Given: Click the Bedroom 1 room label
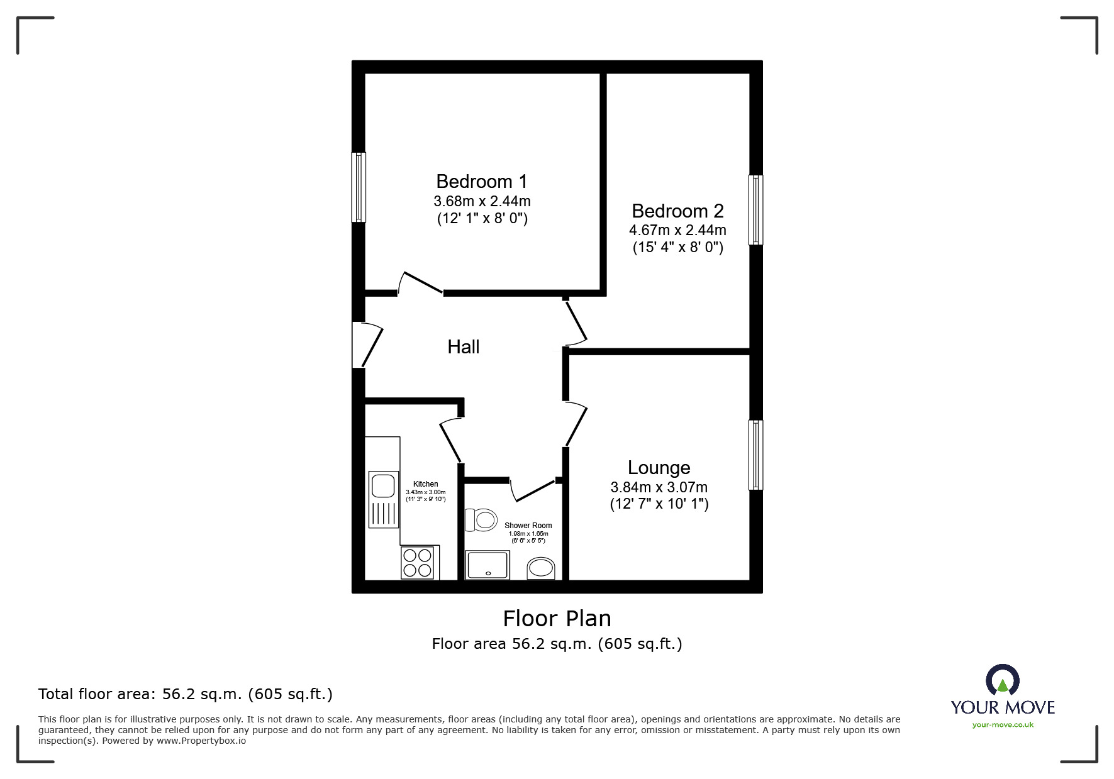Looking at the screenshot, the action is pyautogui.click(x=482, y=182).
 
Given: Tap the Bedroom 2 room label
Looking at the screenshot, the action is pyautogui.click(x=677, y=211).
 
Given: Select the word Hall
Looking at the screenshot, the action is pyautogui.click(x=464, y=346).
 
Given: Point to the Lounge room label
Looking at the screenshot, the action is pyautogui.click(x=659, y=468).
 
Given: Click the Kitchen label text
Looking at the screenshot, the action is pyautogui.click(x=426, y=484).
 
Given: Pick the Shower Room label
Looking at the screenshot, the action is pyautogui.click(x=528, y=526).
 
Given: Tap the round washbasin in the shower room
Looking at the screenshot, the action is pyautogui.click(x=541, y=568).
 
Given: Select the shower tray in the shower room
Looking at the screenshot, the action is pyautogui.click(x=487, y=565).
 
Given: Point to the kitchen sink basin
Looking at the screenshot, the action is pyautogui.click(x=382, y=486).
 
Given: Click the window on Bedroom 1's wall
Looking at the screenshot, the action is pyautogui.click(x=359, y=187).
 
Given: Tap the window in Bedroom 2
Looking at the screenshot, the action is pyautogui.click(x=755, y=209).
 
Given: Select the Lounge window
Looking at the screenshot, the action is pyautogui.click(x=755, y=455).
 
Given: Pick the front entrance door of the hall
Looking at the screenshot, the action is pyautogui.click(x=368, y=345).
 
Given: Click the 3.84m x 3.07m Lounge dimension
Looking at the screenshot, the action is pyautogui.click(x=659, y=487).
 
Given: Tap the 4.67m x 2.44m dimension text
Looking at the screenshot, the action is pyautogui.click(x=677, y=230).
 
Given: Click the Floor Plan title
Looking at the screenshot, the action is pyautogui.click(x=557, y=619).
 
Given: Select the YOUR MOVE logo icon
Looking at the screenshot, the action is pyautogui.click(x=1003, y=680).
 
